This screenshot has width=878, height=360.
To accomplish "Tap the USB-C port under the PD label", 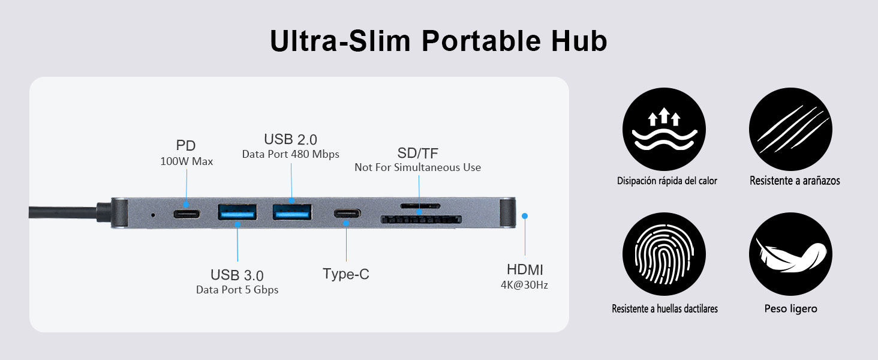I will pos(186,214).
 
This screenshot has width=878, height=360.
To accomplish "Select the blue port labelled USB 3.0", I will pos(237,213).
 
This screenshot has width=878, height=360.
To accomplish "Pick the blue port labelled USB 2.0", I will pos(292,212).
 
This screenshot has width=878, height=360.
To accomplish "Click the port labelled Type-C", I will pos(346,214).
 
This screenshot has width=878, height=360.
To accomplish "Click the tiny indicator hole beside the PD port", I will pos(153,214).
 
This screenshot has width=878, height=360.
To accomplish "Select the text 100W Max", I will pos(186,161).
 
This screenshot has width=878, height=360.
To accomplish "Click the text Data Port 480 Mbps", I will pos(290,154).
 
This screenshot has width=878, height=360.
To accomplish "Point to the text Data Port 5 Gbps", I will pos(237,290).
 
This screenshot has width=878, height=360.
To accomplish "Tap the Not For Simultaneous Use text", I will pos(417,167).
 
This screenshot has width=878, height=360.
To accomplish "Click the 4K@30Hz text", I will pos(524,286).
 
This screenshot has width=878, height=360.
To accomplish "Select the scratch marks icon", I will pos(790,130).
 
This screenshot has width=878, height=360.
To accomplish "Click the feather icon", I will pos(790,254).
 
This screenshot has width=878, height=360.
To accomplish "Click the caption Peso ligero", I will pos(790,309).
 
